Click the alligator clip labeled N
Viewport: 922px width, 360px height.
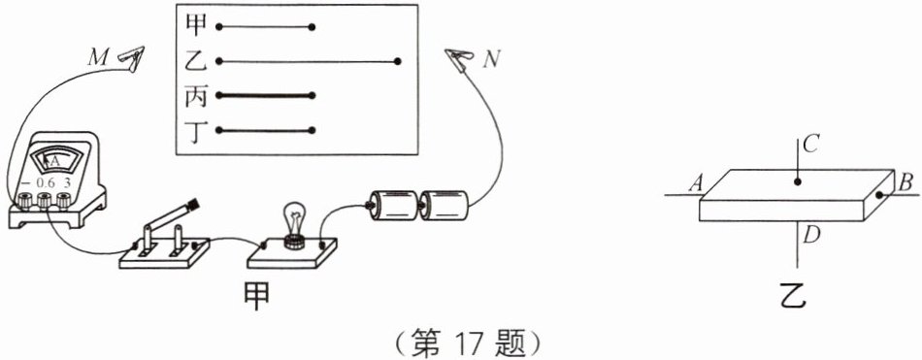pos(460,61)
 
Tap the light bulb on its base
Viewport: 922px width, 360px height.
pos(294,222)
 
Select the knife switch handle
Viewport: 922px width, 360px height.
pos(171,216)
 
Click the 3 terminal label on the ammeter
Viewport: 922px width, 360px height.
pos(66,183)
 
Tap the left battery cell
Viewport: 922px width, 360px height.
pos(392,207)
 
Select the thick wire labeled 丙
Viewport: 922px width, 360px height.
pos(266,96)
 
